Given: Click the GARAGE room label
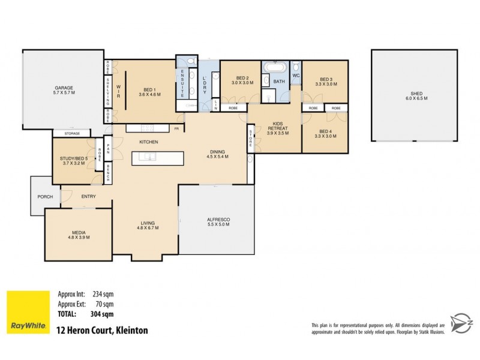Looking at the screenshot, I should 63,88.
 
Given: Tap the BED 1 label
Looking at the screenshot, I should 149,88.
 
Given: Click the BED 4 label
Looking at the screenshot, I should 325,131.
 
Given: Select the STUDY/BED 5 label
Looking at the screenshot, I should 73,158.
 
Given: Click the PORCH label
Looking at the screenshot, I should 45,197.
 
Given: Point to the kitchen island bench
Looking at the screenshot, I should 158,157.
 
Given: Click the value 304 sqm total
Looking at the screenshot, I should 103,313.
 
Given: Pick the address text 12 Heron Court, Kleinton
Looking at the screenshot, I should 101,330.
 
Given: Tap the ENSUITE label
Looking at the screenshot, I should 182,83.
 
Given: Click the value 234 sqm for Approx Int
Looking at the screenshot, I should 103,294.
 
